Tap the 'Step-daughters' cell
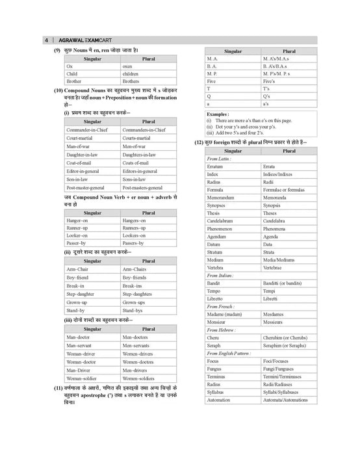point(140,294)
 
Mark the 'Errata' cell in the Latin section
point(270,167)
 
